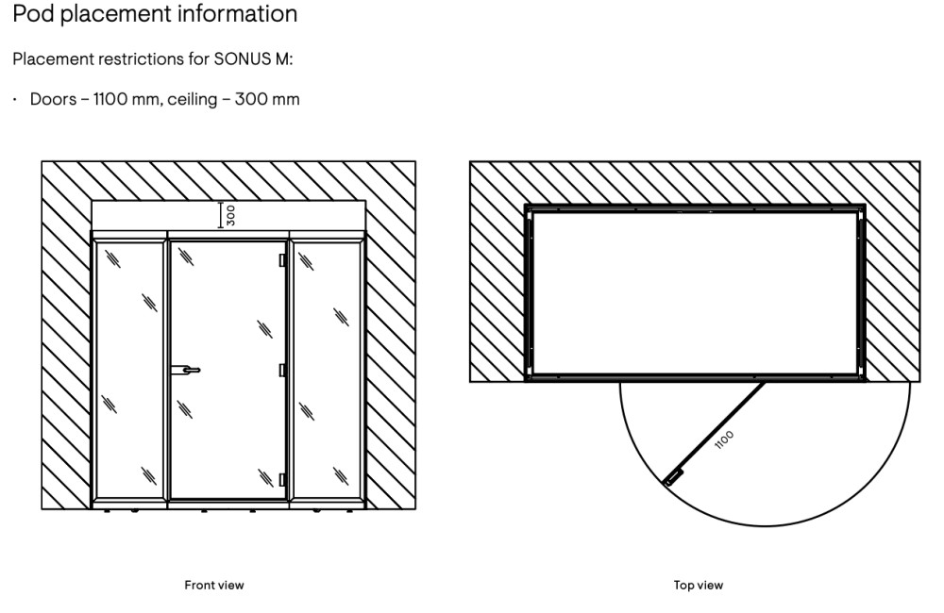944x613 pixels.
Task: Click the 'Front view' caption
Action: click(213, 586)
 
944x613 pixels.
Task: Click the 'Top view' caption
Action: click(699, 586)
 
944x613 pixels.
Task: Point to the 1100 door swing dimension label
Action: click(725, 440)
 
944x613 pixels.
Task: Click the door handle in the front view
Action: click(187, 371)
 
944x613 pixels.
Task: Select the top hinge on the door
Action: click(282, 258)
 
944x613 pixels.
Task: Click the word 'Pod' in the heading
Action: click(32, 15)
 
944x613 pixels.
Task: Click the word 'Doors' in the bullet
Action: click(53, 99)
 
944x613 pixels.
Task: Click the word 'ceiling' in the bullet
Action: click(195, 99)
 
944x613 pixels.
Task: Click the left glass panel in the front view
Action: click(128, 368)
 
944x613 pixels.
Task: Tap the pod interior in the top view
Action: click(695, 292)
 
